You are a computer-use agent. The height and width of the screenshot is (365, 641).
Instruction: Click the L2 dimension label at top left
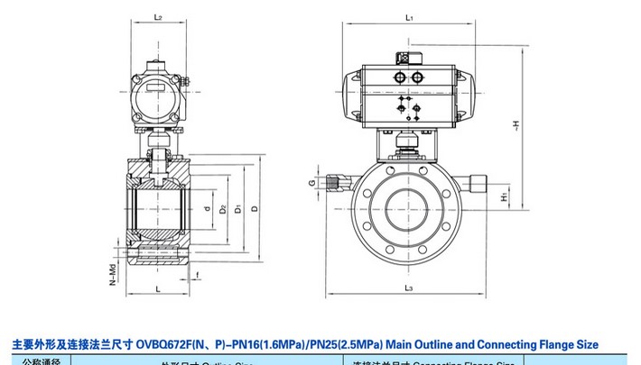click(157, 17)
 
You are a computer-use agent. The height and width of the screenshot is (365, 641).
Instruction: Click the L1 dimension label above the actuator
click(409, 17)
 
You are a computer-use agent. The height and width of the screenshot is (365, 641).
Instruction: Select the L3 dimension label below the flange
click(409, 287)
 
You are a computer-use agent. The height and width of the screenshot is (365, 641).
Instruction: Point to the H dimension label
click(516, 124)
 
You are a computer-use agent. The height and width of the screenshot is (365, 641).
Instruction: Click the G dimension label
click(311, 184)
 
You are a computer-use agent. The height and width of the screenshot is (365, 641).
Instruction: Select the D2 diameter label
click(221, 209)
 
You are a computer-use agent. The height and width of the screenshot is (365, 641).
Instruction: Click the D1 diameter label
click(237, 209)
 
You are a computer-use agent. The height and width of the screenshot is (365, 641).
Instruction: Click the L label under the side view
click(157, 288)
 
